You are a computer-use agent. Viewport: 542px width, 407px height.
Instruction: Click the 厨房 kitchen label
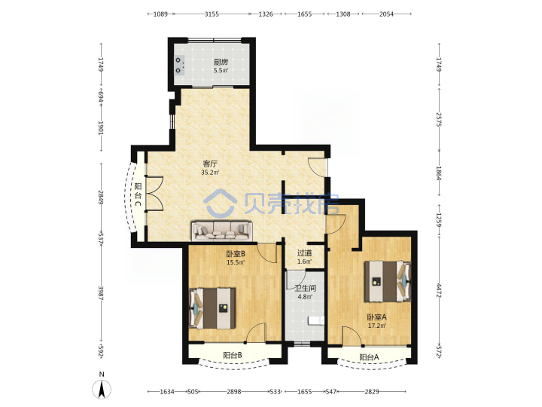[x=221, y=62]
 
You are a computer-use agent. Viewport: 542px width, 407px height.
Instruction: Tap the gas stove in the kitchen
[x=179, y=65]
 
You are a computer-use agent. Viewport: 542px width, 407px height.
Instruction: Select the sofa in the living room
[x=222, y=231]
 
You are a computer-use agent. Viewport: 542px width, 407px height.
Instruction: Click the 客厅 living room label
[x=210, y=164]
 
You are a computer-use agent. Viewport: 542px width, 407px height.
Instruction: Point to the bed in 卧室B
[x=212, y=308]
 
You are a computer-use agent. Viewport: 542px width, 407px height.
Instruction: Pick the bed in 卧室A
[x=388, y=281]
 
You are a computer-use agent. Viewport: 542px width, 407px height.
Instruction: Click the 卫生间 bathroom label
[x=305, y=288]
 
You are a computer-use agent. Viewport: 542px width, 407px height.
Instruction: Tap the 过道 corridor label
[x=304, y=253]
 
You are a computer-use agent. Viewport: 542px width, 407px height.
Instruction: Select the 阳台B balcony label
[x=233, y=355]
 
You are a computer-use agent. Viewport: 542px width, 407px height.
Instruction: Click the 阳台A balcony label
[x=369, y=357]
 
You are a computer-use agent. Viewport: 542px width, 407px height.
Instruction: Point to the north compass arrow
[x=102, y=389]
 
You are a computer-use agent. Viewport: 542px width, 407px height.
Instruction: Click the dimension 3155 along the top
[x=212, y=14]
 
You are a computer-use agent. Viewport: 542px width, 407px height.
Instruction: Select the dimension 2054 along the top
[x=386, y=14]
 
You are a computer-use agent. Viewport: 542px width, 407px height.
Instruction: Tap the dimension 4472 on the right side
[x=439, y=291]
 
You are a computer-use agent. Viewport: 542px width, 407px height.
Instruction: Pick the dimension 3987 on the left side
[x=101, y=292]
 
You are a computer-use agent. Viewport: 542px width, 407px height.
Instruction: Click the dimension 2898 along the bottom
[x=234, y=392]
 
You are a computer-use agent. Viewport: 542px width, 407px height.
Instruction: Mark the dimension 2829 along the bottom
[x=372, y=392]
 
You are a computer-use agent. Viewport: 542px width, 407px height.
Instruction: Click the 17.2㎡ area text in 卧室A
[x=377, y=326]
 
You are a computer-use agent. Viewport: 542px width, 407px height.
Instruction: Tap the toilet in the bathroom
[x=315, y=321]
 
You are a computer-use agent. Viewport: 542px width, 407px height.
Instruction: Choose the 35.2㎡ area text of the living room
[x=210, y=173]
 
